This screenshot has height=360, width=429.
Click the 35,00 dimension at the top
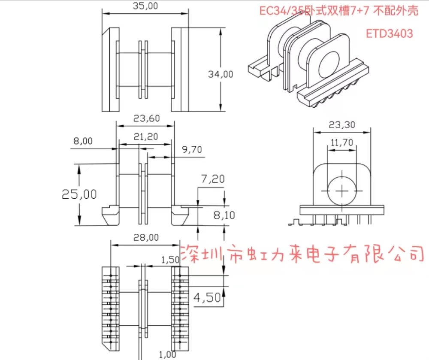[145, 6]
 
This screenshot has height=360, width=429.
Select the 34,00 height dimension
[221, 74]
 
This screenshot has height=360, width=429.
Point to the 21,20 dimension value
[145, 136]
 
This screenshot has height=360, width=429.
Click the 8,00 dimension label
[83, 141]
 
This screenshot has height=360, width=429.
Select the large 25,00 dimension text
[79, 194]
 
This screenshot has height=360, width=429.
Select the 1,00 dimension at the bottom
[167, 354]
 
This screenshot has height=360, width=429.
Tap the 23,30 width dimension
[342, 124]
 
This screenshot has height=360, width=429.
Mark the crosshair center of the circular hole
[342, 190]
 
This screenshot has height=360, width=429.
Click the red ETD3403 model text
[390, 33]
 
